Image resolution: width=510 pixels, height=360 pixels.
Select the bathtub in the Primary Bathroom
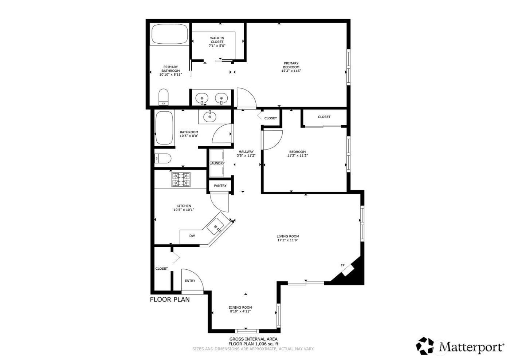click(169, 34)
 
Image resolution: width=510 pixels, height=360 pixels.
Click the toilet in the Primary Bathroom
click(164, 97)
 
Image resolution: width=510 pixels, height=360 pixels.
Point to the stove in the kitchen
click(181, 179)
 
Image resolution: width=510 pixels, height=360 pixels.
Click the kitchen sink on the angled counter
click(216, 228)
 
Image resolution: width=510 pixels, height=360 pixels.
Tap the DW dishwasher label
click(192, 236)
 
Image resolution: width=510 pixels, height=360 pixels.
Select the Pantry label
click(220, 186)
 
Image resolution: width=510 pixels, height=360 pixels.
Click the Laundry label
click(217, 163)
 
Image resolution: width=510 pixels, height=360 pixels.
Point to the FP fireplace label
click(342, 265)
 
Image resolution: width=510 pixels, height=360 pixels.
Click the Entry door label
click(190, 281)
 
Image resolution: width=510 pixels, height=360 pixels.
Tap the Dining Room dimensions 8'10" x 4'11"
click(240, 311)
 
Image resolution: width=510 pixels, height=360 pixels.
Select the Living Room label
click(287, 236)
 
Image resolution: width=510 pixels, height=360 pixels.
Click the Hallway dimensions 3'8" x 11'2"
click(246, 155)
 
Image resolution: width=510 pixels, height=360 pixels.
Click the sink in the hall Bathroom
click(209, 117)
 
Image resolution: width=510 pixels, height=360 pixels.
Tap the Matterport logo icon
click(427, 346)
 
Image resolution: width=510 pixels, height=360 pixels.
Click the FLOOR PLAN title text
click(170, 300)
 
